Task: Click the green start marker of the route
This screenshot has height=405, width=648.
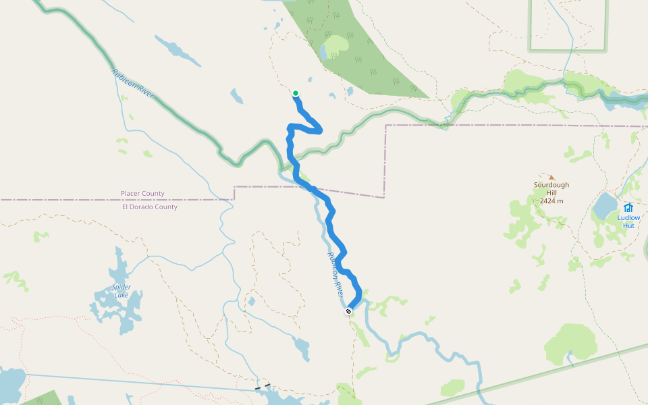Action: (296, 93)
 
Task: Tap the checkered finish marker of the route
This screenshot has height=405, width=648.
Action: (348, 311)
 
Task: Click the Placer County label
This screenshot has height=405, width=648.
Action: (142, 194)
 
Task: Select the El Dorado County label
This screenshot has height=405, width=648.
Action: (149, 207)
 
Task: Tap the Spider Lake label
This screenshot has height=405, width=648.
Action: (122, 291)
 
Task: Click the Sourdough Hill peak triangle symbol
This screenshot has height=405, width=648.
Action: (551, 178)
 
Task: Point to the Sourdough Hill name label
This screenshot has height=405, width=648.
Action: (551, 189)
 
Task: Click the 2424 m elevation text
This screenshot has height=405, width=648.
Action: (551, 201)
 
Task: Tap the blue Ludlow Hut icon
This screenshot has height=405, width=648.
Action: (628, 207)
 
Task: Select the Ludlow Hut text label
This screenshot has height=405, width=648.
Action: (628, 221)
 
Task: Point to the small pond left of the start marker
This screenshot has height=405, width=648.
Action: (236, 97)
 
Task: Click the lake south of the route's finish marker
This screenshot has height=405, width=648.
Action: (301, 348)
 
